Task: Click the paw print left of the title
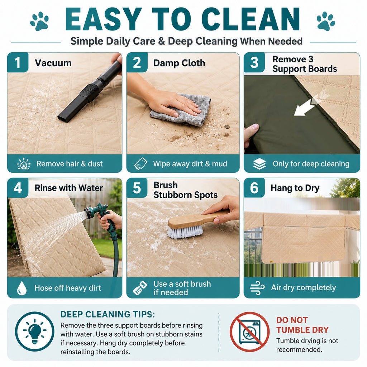point(39,21)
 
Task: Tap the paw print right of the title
point(326,21)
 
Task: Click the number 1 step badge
point(18,62)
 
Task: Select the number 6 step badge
point(254,188)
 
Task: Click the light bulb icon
point(35,331)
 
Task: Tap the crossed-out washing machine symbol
point(249,332)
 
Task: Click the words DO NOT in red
point(292,320)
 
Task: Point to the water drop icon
point(22,288)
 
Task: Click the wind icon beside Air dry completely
point(257,288)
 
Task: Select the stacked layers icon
point(259,163)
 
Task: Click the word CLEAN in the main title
point(251,19)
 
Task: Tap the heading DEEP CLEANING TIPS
point(108,314)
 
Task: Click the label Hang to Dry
point(295,188)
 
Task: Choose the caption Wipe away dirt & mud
point(190,163)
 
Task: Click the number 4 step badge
point(18,188)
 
